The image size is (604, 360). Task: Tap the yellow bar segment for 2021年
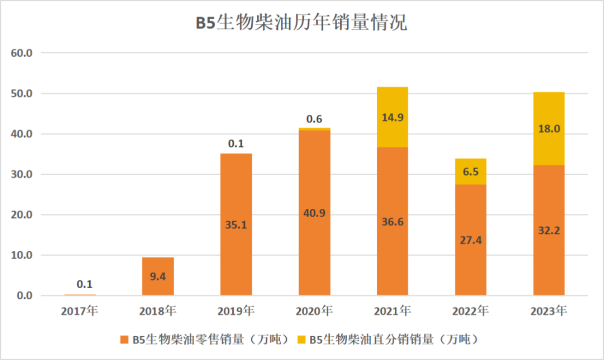(392, 105)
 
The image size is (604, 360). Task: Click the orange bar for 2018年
(158, 285)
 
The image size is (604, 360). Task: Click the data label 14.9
(392, 118)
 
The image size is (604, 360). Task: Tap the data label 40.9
(314, 213)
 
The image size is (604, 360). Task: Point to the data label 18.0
(549, 128)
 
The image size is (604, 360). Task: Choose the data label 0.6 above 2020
(314, 119)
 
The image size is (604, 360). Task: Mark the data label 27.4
(471, 240)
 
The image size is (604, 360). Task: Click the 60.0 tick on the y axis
(22, 53)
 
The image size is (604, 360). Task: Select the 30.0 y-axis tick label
(22, 174)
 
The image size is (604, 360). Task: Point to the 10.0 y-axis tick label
(22, 255)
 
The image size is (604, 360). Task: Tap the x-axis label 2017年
(80, 311)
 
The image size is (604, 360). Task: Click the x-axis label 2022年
(471, 311)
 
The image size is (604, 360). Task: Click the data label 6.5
(471, 171)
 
